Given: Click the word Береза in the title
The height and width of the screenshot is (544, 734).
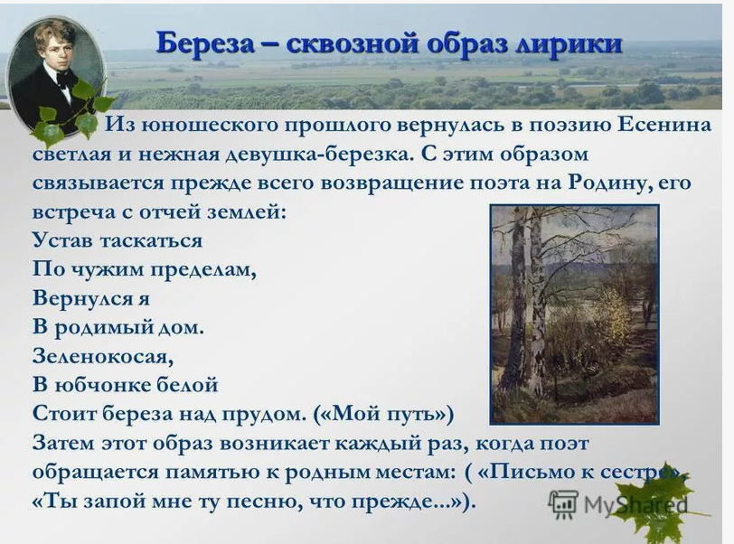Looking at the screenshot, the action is click(x=205, y=43).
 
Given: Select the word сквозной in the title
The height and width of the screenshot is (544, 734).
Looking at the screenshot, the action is click(x=350, y=43).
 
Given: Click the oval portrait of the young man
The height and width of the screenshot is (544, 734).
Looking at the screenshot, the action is click(x=55, y=75).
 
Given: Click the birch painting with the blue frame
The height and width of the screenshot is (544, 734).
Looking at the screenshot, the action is click(x=574, y=314).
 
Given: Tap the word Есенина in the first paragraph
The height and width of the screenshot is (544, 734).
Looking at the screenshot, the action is click(x=664, y=125).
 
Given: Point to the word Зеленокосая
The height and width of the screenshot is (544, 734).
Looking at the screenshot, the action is click(x=103, y=357).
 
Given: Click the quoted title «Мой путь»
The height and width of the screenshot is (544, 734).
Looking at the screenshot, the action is click(x=384, y=414).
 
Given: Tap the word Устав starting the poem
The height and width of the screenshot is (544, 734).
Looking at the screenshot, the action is click(x=62, y=241).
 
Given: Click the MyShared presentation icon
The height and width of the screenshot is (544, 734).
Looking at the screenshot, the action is click(x=562, y=504).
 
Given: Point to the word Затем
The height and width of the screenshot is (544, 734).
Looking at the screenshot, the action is click(x=63, y=444).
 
